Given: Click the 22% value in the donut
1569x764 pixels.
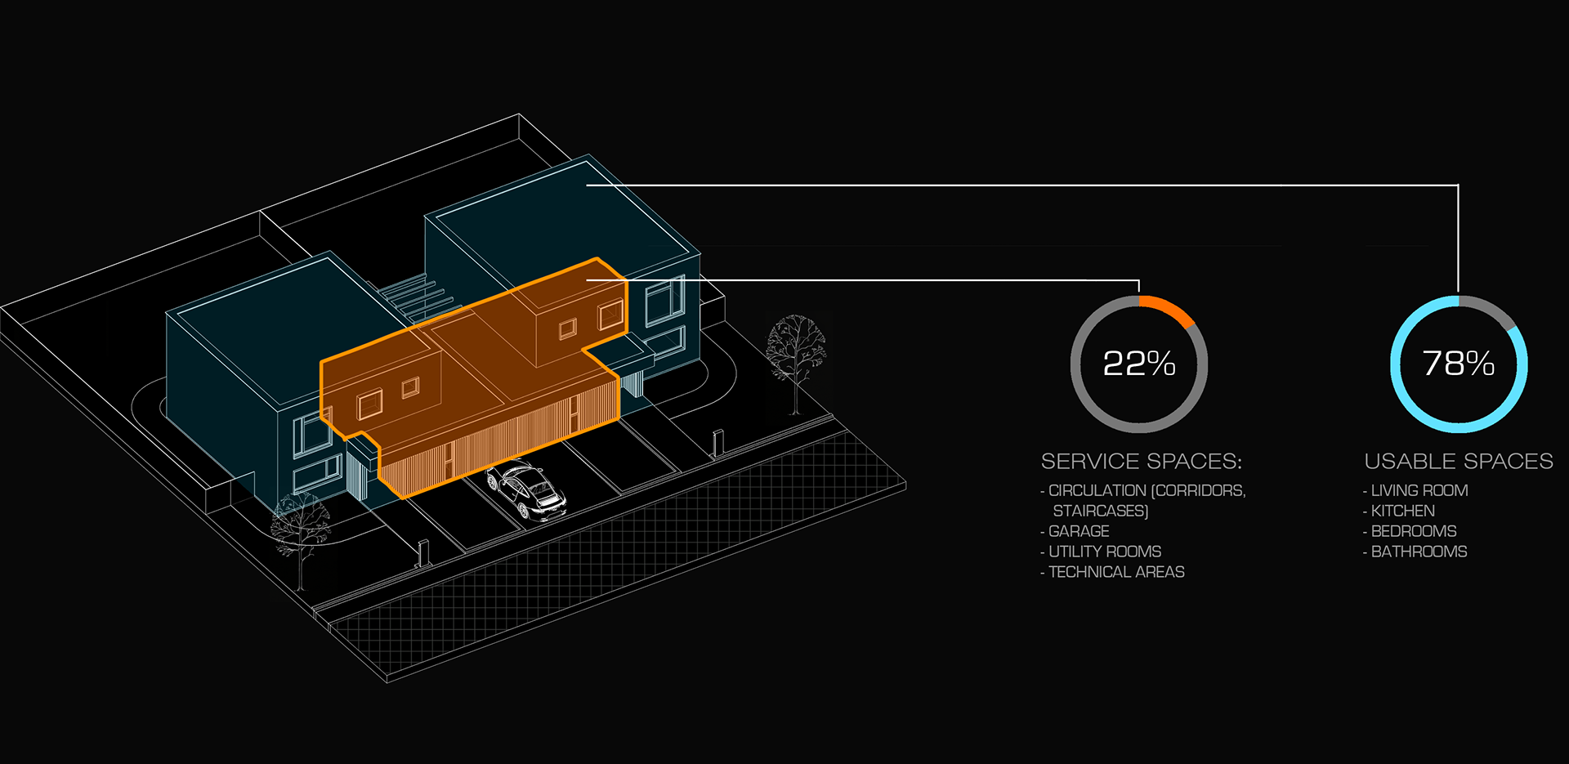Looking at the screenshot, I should [x=1139, y=364].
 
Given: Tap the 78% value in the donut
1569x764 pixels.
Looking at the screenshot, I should [x=1459, y=364].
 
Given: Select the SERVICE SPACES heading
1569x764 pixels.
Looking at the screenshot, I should [x=1141, y=462].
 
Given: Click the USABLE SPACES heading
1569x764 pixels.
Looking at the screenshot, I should [x=1459, y=462].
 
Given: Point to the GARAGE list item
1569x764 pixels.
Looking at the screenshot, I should [x=1079, y=531].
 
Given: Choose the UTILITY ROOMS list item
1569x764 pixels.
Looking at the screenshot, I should [x=1105, y=552].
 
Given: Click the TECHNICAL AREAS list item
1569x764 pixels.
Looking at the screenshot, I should [x=1116, y=572].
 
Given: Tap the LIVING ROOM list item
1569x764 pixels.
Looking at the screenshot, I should [x=1419, y=490].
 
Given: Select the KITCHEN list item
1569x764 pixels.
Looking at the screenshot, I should [x=1403, y=511].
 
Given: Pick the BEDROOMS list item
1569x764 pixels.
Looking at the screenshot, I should [x=1414, y=531].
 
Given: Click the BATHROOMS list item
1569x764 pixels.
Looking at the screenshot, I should [x=1419, y=552].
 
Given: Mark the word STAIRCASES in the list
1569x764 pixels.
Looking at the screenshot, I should [x=1101, y=511].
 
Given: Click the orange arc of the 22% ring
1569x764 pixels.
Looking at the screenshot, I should [x=1169, y=309].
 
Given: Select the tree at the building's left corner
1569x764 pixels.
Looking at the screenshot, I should [x=300, y=527].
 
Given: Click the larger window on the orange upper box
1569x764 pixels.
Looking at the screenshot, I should [x=610, y=315].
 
